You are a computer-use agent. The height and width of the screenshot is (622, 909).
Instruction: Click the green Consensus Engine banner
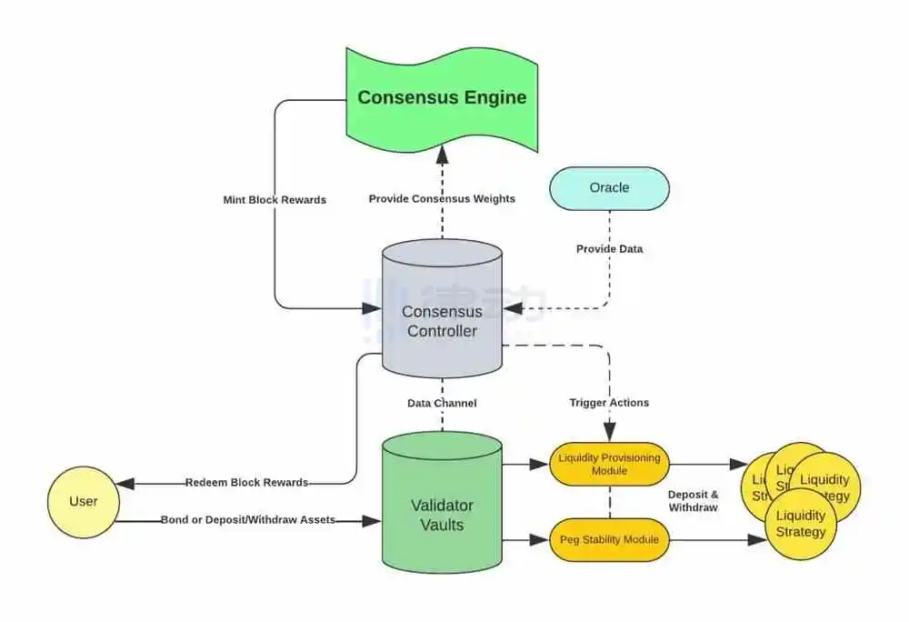pyautogui.click(x=442, y=97)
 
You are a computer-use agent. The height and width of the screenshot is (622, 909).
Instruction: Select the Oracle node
pyautogui.click(x=609, y=188)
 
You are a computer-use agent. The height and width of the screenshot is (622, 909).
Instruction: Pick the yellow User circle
pyautogui.click(x=84, y=501)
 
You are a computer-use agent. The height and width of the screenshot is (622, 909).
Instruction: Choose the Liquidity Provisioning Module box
pyautogui.click(x=610, y=464)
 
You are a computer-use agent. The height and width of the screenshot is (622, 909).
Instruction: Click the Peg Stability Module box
pyautogui.click(x=610, y=540)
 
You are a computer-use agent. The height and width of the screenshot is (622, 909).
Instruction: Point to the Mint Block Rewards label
pyautogui.click(x=275, y=200)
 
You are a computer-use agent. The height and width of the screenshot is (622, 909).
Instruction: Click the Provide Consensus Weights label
pyautogui.click(x=442, y=199)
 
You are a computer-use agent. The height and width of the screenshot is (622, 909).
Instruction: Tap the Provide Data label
pyautogui.click(x=608, y=249)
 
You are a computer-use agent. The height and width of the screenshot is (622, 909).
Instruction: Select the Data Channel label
pyautogui.click(x=442, y=403)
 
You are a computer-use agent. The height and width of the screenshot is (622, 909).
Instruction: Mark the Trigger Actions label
pyautogui.click(x=609, y=403)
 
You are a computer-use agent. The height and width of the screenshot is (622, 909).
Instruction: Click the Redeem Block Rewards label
pyautogui.click(x=246, y=482)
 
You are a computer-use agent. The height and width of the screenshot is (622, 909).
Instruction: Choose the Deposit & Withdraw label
pyautogui.click(x=694, y=501)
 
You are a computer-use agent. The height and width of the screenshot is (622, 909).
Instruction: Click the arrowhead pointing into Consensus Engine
pyautogui.click(x=443, y=150)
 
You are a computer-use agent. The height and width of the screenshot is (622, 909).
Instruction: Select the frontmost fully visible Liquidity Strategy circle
pyautogui.click(x=802, y=524)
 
